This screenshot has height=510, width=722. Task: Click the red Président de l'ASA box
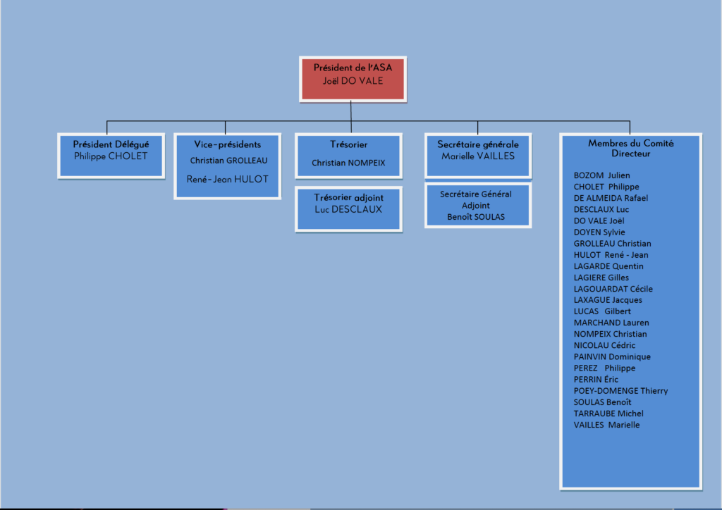[x=353, y=79]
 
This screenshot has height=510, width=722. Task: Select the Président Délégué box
[x=111, y=156]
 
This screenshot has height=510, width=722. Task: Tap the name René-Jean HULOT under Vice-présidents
[x=228, y=180]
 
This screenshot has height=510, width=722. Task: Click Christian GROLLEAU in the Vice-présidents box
[x=229, y=161]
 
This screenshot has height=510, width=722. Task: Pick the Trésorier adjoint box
[x=348, y=209]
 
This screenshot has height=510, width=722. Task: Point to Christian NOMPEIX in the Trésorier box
[x=348, y=163]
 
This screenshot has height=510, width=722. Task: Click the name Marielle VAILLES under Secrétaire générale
[x=478, y=156]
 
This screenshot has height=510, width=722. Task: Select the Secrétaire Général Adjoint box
[x=478, y=206]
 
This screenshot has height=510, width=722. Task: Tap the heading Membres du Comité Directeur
[x=631, y=148]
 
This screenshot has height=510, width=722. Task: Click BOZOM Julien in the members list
[x=602, y=175]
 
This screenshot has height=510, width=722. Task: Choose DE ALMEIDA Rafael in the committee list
[x=611, y=198]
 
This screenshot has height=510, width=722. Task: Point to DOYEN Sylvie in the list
[x=599, y=232]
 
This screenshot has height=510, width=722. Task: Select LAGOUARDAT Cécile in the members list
[x=613, y=289]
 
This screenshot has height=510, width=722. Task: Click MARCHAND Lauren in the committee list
[x=611, y=323]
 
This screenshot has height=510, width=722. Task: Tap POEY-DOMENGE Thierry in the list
[x=620, y=391]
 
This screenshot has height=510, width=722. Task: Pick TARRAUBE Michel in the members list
[x=608, y=413]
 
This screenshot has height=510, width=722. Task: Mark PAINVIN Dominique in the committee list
[x=613, y=357]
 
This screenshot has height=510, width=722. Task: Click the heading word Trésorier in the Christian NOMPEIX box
[x=348, y=144]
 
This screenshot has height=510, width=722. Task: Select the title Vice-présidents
[x=228, y=144]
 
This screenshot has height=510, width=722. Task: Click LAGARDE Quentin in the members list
[x=608, y=266]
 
